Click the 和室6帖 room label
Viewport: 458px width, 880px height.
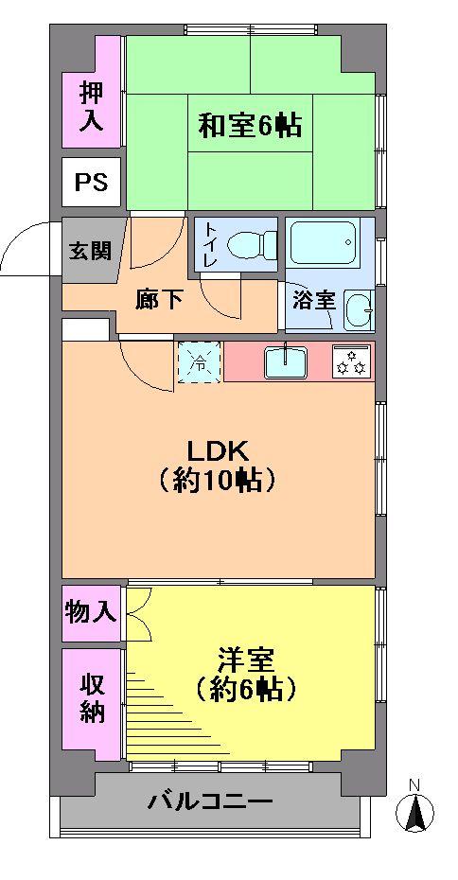point(250,125)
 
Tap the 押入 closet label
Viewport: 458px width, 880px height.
point(91,106)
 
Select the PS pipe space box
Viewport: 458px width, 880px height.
point(92,182)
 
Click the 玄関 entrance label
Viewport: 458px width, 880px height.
point(89,251)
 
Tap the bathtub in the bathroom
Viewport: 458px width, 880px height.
point(322,243)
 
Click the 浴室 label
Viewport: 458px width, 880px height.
point(313,301)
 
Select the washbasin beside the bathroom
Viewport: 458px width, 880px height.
point(359,309)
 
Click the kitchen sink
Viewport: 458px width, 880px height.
point(285,361)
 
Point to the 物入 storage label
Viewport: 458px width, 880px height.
point(91,612)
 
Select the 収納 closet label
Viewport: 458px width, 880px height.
point(91,697)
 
